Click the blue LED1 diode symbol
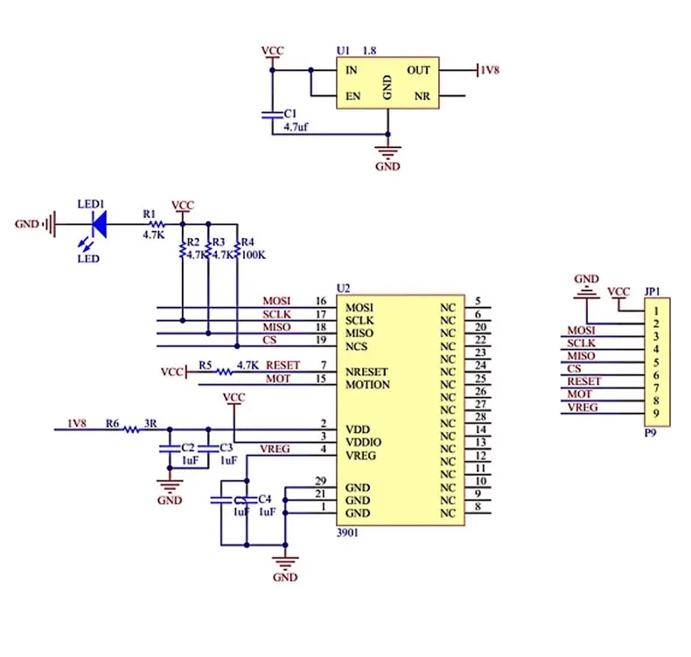pyautogui.click(x=100, y=224)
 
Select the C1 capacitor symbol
pyautogui.click(x=272, y=115)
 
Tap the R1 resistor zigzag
pyautogui.click(x=157, y=224)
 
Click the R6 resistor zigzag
pyautogui.click(x=131, y=430)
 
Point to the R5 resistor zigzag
pyautogui.click(x=224, y=373)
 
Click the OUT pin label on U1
pyautogui.click(x=418, y=71)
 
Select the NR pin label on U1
pyautogui.click(x=422, y=96)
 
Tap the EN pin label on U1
pyautogui.click(x=352, y=96)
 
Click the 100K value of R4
pyautogui.click(x=254, y=255)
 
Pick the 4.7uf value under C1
pyautogui.click(x=296, y=127)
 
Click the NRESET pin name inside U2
pyautogui.click(x=366, y=372)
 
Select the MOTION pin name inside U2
pyautogui.click(x=367, y=385)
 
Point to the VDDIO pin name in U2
pyautogui.click(x=363, y=442)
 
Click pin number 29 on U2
pyautogui.click(x=321, y=481)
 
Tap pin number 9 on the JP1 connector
pyautogui.click(x=656, y=413)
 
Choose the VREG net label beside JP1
pyautogui.click(x=583, y=408)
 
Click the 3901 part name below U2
pyautogui.click(x=347, y=533)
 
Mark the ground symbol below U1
pyautogui.click(x=387, y=152)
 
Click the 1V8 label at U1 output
pyautogui.click(x=490, y=70)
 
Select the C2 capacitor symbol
pyautogui.click(x=170, y=449)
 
